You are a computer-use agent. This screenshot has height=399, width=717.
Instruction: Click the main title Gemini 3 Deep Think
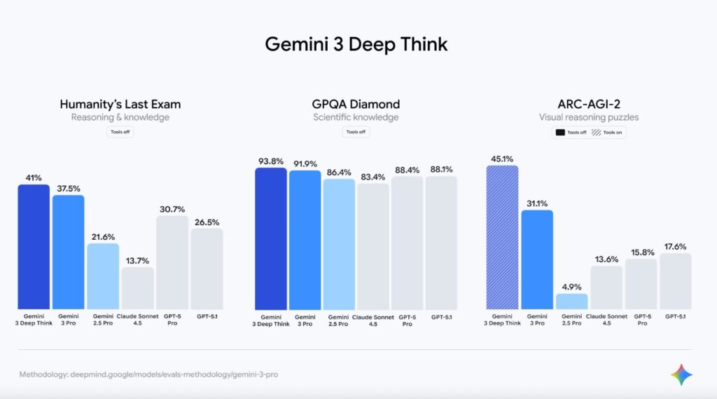356,44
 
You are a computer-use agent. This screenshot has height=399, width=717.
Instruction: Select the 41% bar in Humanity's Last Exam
34,246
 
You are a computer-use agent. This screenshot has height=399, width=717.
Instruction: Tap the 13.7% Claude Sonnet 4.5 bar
137,288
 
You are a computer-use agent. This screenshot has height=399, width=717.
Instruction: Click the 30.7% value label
172,208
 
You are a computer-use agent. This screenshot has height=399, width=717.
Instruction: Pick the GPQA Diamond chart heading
356,104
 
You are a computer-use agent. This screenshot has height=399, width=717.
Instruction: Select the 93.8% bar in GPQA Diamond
270,238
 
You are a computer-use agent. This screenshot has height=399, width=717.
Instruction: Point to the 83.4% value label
373,177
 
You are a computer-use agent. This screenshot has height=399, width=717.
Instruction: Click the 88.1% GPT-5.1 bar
441,242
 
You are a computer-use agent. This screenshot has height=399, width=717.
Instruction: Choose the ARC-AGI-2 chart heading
588,104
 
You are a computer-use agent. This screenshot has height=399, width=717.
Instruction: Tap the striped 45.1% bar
502,237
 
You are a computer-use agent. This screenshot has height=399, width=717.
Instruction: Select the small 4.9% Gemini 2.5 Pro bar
571,301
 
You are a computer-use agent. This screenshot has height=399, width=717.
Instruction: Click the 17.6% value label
675,246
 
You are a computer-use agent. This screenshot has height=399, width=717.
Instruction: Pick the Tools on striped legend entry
607,132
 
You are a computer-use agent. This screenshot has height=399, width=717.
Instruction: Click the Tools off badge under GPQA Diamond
356,132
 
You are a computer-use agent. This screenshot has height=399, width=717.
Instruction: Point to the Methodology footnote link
148,374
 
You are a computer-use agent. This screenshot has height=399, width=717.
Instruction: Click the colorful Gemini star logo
681,374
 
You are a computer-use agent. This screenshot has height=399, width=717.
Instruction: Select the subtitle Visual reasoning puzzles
588,117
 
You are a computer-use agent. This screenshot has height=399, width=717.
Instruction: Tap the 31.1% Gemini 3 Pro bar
537,259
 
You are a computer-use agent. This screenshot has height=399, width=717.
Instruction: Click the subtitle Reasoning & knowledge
120,117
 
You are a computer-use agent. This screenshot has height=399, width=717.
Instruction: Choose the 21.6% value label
103,236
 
